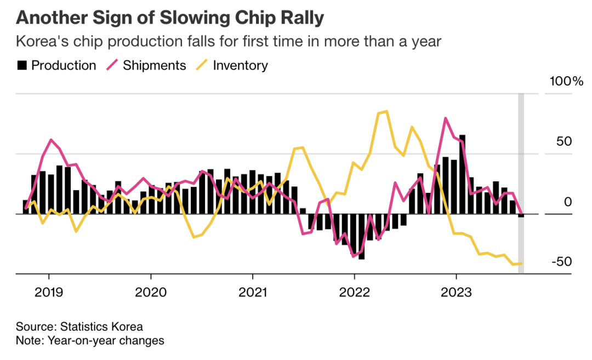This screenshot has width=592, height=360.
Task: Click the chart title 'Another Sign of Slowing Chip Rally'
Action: pos(170,18)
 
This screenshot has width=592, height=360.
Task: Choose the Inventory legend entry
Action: pos(232,66)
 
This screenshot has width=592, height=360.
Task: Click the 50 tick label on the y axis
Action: pos(564,141)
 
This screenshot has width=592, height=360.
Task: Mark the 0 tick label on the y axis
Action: pos(568,202)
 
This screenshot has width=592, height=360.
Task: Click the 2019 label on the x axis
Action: pos(49,292)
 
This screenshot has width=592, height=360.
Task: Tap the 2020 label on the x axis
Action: pos(151,292)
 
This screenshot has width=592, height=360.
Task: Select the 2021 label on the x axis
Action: pos(252,292)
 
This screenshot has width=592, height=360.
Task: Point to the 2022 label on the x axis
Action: pos(354,292)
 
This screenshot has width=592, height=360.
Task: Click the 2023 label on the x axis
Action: pos(456,292)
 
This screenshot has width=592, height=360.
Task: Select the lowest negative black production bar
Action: pos(362,236)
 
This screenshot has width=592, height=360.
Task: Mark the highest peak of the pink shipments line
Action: pos(445,118)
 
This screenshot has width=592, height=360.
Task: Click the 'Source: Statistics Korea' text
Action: pos(79,327)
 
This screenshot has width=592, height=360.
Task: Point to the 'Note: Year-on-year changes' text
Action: pos(90,341)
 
